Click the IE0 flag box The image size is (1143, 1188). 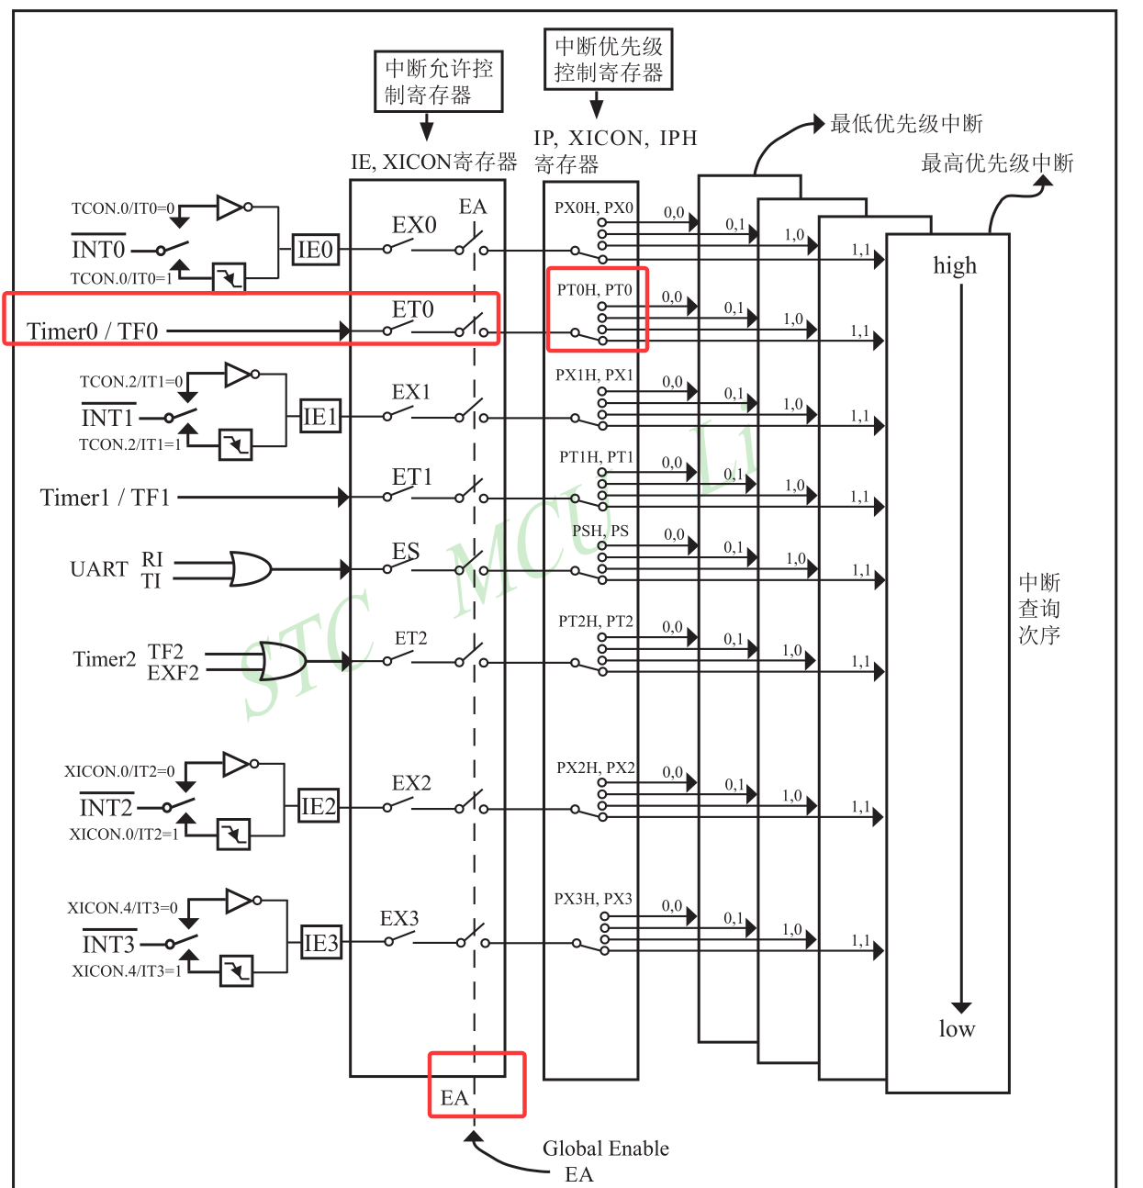315,249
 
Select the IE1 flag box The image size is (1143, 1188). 319,416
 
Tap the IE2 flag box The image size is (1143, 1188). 318,806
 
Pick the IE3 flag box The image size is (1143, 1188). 321,943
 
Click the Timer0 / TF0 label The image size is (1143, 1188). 92,331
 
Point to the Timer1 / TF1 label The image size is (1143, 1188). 105,498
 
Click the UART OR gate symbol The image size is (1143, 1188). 251,569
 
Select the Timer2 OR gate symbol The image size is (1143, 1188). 284,660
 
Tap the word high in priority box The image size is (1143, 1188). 955,265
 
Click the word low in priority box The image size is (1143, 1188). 957,1028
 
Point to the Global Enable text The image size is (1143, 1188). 606,1149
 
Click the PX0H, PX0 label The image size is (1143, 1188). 593,207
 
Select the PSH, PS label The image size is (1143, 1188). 600,531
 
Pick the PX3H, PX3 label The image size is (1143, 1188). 593,899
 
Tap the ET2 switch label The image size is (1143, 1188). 410,638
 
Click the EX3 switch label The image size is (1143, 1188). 399,918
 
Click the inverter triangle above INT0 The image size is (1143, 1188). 230,207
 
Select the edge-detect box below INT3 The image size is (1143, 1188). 236,970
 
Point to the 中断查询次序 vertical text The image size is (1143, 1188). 1039,609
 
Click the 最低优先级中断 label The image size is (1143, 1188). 906,124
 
